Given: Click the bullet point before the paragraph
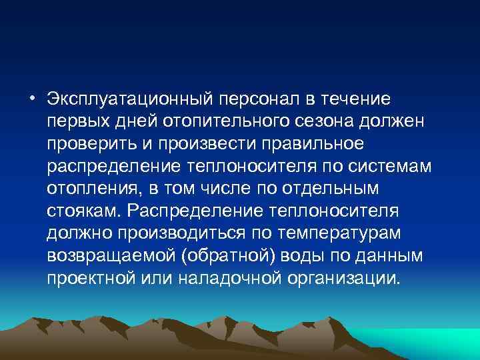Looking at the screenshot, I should tap(33, 99).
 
